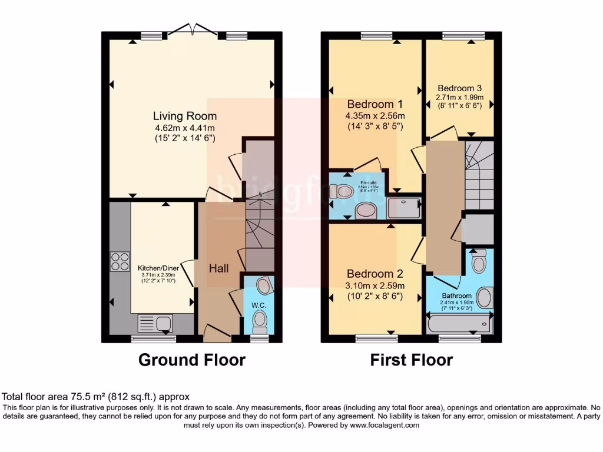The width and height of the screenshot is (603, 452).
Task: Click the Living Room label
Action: click(x=185, y=116)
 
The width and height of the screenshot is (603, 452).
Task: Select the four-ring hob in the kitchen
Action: click(x=120, y=261)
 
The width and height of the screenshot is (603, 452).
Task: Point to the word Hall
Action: click(x=218, y=268)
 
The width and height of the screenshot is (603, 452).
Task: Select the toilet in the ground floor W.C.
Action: click(x=259, y=321)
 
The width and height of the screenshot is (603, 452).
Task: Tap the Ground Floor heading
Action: click(x=191, y=360)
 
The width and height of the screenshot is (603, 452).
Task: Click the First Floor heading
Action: click(x=411, y=360)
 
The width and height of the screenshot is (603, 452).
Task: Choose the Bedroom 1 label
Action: click(x=375, y=105)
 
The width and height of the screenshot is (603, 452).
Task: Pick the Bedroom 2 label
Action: click(x=375, y=274)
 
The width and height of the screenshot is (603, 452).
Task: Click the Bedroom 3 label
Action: click(x=459, y=88)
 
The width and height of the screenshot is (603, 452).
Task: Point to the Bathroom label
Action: click(x=456, y=295)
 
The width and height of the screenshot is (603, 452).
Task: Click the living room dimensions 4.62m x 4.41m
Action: click(x=185, y=128)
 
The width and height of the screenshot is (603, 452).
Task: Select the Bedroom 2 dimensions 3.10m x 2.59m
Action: click(x=375, y=286)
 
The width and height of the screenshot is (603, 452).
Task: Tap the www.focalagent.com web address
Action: click(x=385, y=425)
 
